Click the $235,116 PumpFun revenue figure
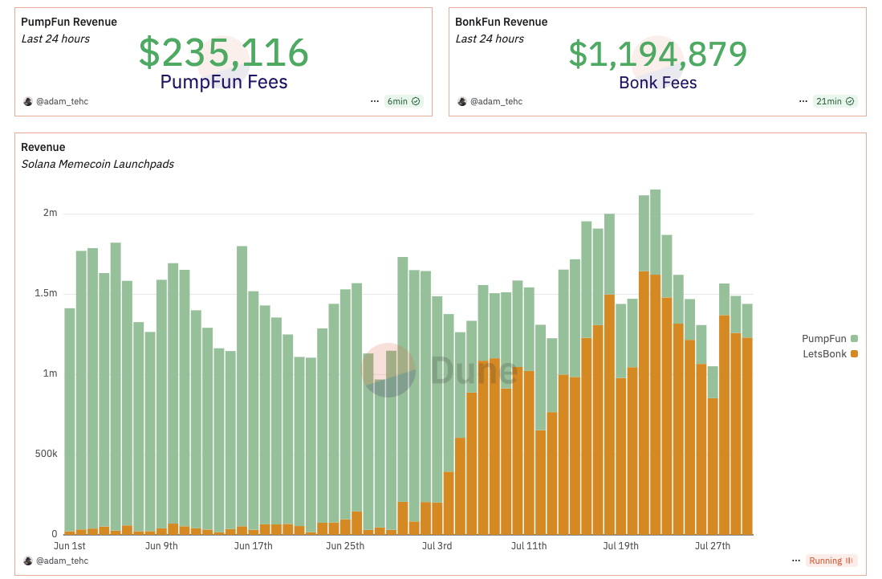coord(223,53)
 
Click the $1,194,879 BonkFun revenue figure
coord(657,54)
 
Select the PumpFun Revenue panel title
coord(69,22)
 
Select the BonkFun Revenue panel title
coord(502,22)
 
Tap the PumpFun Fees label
coord(223,82)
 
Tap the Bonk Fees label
coord(657,83)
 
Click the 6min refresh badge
coord(403,101)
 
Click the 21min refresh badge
coord(834,101)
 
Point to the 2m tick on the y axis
coord(51,213)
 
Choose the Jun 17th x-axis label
coord(253,546)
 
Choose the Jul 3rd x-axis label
coord(436,546)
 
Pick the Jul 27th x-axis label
coord(712,546)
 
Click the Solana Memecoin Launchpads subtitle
coord(97,164)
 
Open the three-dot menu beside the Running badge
coord(795,561)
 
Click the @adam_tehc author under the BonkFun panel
coord(495,101)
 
